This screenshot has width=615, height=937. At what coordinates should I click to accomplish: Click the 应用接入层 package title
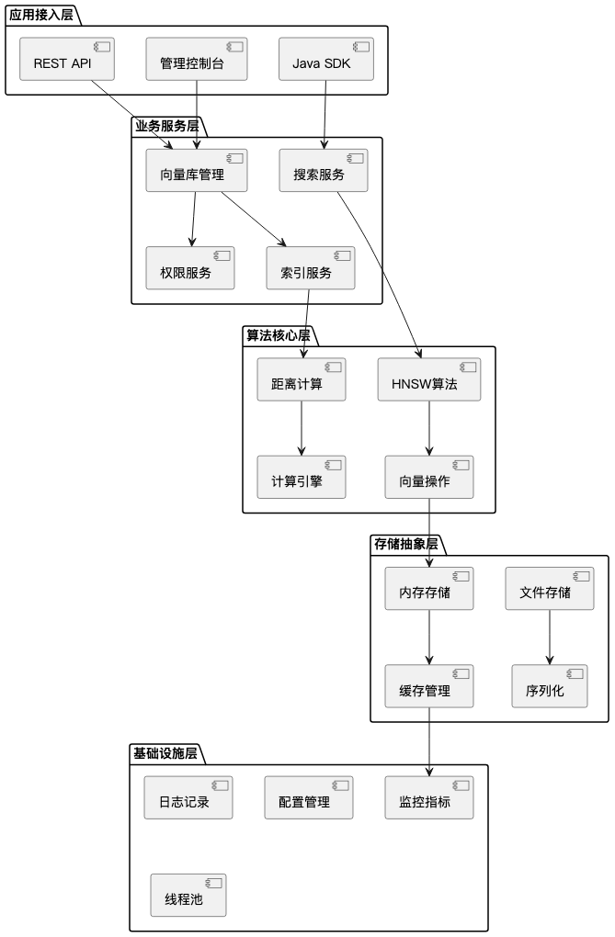tap(41, 15)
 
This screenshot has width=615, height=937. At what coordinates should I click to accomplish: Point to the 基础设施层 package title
tap(165, 754)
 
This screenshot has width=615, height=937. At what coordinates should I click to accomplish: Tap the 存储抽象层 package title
tap(406, 545)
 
